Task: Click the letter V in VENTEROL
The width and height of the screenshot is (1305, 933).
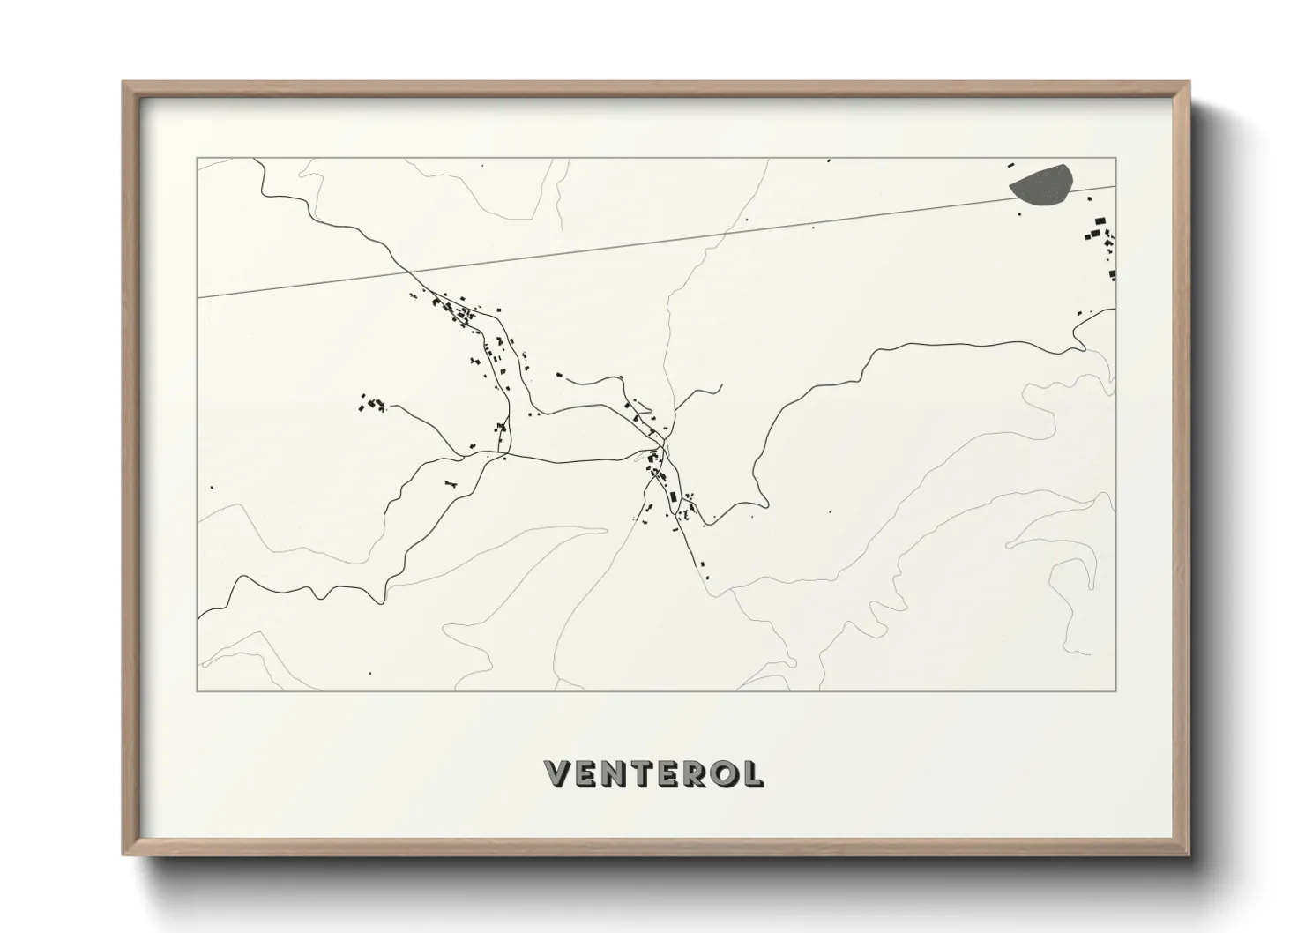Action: pos(560,774)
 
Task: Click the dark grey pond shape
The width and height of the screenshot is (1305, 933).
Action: pos(1042,185)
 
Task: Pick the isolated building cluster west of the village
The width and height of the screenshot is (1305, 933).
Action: pos(372,405)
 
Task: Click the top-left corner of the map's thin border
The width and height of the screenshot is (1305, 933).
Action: pos(198,159)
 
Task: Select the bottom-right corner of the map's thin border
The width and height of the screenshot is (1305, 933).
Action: pos(1116,690)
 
